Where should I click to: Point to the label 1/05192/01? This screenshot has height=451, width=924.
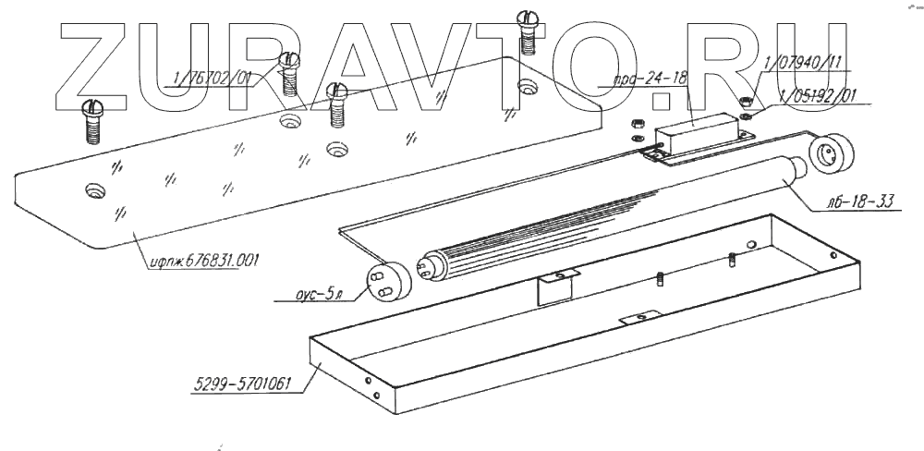[819, 94]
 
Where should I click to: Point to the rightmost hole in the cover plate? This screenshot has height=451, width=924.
[528, 88]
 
